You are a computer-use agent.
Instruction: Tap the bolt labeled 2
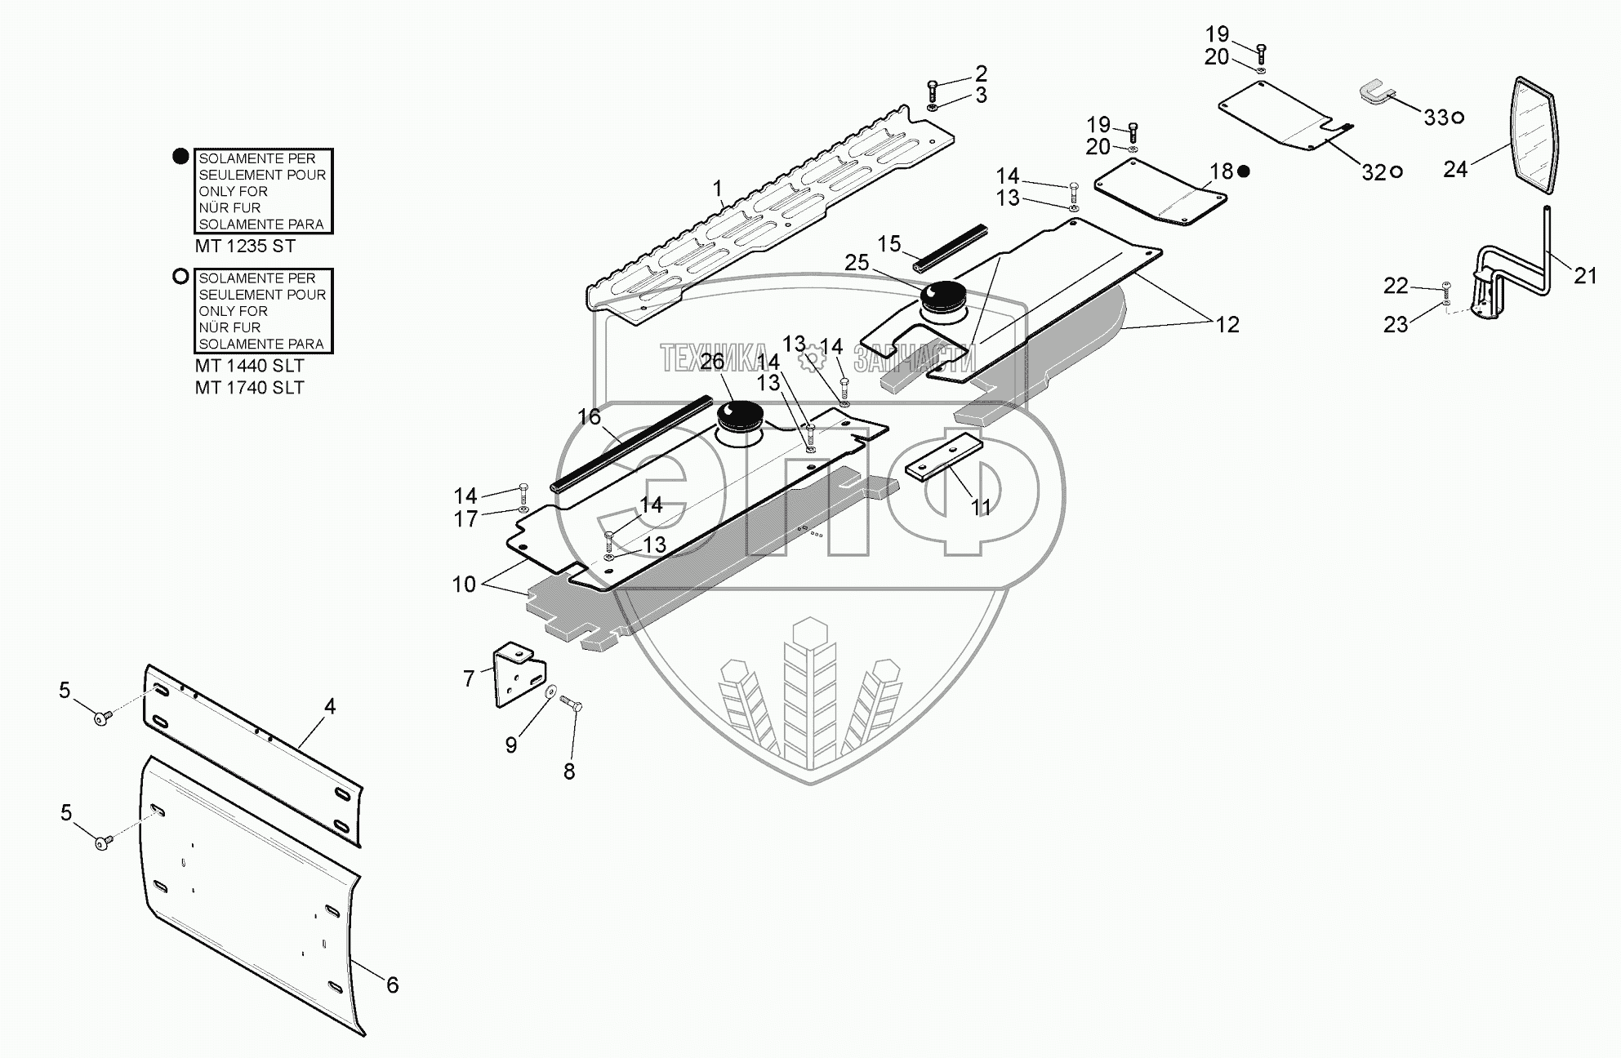pos(933,88)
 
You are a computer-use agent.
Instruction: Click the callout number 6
pos(392,985)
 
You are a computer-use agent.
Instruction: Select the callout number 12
pos(1227,325)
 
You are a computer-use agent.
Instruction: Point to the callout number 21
pos(1585,277)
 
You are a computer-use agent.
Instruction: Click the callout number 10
pos(464,585)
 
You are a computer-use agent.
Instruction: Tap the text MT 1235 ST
pos(245,246)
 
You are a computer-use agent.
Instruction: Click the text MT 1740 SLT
pos(249,388)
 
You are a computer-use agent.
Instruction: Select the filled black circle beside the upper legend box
pos(180,157)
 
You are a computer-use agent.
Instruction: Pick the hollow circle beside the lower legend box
pos(180,277)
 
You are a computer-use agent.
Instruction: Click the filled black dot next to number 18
pos(1244,171)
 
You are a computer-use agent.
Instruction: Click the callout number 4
pos(330,706)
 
